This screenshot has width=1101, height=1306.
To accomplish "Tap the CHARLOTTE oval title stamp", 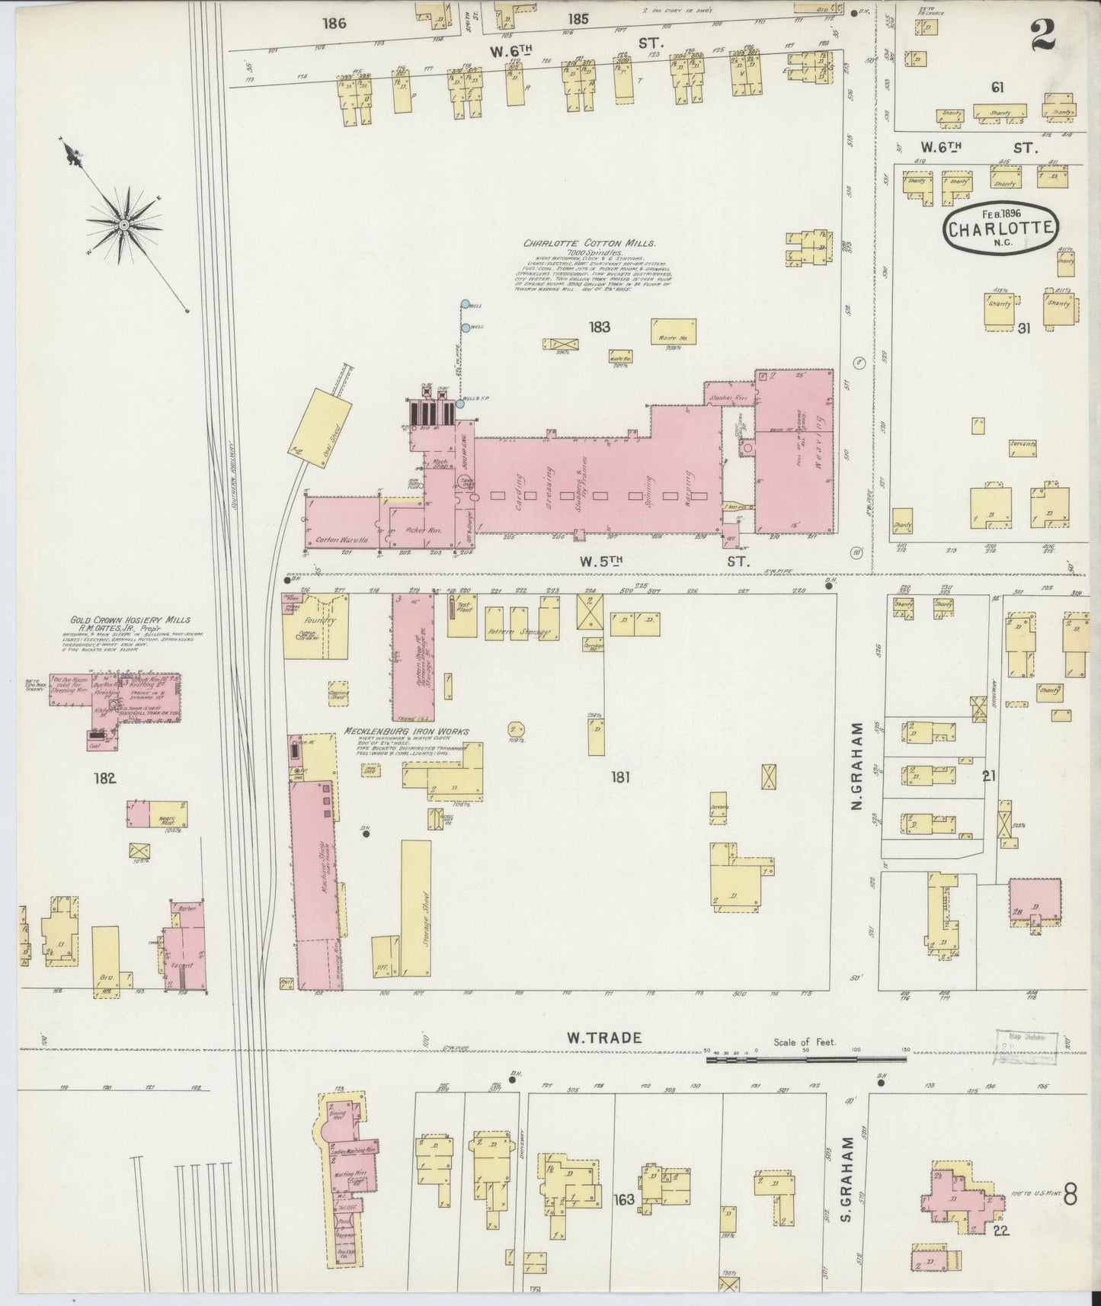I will click(x=1000, y=226).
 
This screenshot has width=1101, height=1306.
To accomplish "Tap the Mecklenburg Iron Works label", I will click(x=405, y=731).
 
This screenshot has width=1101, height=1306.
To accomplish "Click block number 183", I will click(x=600, y=327).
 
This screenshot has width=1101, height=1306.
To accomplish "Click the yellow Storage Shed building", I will click(x=416, y=907).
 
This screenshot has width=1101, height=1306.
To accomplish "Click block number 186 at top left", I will click(x=334, y=24).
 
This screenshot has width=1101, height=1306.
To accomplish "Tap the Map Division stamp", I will click(x=1026, y=1047).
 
